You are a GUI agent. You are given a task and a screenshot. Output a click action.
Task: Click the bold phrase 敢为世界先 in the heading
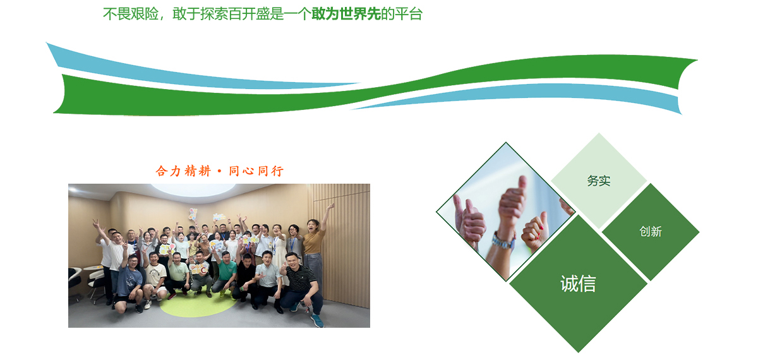click(346, 14)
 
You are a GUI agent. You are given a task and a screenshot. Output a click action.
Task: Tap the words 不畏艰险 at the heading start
click(131, 14)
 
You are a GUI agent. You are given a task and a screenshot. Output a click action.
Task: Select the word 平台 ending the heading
click(409, 14)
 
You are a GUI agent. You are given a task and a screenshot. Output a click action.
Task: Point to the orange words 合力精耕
click(183, 171)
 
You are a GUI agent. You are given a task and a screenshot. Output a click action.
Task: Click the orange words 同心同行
click(256, 171)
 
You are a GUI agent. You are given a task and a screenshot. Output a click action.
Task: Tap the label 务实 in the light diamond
click(599, 181)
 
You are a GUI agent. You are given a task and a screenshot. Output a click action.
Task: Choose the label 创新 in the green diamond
click(651, 231)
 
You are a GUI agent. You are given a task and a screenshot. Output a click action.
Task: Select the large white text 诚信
click(578, 284)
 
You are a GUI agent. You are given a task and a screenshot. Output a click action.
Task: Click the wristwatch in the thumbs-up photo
click(503, 241)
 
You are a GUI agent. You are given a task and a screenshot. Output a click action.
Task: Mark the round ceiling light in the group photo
click(193, 189)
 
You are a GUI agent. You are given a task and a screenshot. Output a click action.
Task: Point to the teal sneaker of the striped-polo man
click(317, 320)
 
